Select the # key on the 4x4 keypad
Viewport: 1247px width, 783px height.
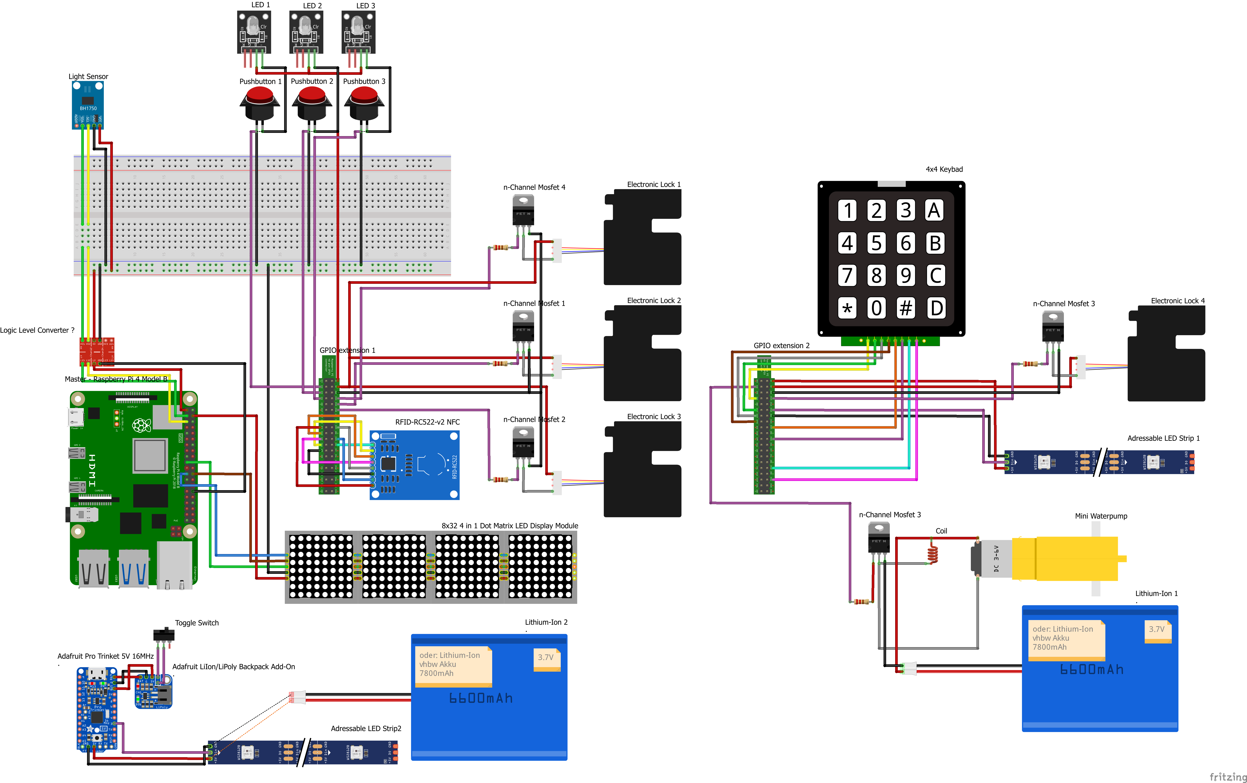click(x=905, y=308)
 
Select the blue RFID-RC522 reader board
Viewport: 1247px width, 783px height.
click(x=414, y=465)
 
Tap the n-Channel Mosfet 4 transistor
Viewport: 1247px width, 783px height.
click(x=523, y=210)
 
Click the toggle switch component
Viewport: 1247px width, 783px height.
click(x=164, y=634)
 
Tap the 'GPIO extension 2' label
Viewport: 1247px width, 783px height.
click(x=781, y=345)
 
